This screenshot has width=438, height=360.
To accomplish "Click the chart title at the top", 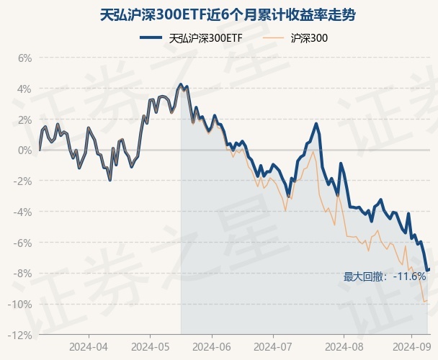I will coord(218,14).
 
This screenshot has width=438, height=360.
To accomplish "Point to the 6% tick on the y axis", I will coord(24,58).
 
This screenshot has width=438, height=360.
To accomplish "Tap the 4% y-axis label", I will coord(24,89).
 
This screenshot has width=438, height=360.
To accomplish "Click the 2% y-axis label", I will coord(24,120).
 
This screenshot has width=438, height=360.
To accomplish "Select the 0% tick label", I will coord(24,150).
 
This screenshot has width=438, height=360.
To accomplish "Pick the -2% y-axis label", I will coord(23,181).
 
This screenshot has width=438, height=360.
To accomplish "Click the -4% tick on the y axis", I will coord(23,212).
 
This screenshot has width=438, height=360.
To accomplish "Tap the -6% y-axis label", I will coord(23,243).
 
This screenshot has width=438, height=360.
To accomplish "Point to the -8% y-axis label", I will coord(23,274).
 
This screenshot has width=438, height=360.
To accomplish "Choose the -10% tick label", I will coord(21,305).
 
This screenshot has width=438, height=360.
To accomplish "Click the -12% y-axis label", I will coord(21,336).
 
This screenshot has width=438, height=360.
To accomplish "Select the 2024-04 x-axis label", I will coord(89,347).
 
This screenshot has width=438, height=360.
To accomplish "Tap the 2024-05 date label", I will coord(150,347).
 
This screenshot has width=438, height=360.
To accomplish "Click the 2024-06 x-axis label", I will coord(212,347).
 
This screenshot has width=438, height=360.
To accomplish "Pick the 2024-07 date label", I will coord(272,347).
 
